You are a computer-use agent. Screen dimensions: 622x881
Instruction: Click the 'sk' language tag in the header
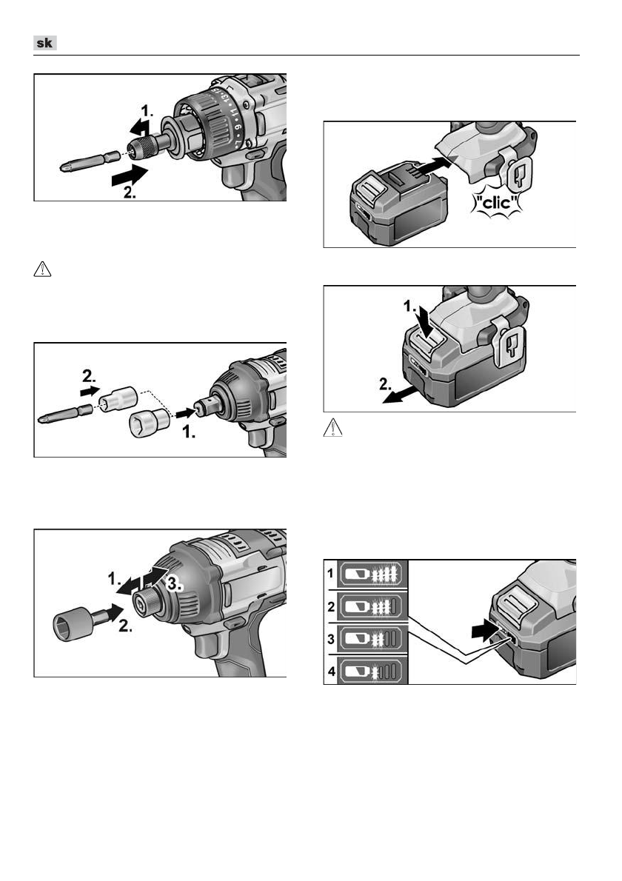(x=45, y=43)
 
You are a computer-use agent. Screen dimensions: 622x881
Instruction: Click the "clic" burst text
(x=496, y=202)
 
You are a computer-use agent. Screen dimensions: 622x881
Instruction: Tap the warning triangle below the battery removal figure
(x=332, y=428)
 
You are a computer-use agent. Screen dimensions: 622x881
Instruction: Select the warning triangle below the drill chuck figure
(x=43, y=269)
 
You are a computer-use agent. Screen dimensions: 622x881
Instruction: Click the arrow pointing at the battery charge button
(x=486, y=631)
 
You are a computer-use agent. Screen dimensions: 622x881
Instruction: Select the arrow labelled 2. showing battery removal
(x=401, y=395)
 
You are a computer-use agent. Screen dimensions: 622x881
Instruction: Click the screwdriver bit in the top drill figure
(x=90, y=161)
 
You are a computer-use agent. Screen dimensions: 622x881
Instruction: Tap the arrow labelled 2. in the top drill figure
(x=130, y=176)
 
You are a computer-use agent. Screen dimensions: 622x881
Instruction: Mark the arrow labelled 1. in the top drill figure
(x=140, y=127)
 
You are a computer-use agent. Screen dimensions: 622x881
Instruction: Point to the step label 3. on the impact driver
(x=175, y=583)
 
